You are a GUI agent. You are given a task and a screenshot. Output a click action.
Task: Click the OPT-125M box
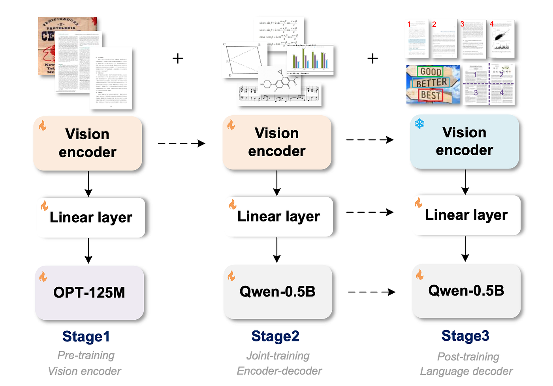click(89, 292)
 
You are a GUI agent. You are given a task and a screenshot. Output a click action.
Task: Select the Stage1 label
click(86, 337)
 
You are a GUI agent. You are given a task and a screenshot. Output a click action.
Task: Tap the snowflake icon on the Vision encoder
click(419, 124)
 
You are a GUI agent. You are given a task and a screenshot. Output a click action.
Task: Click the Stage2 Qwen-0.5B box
click(277, 292)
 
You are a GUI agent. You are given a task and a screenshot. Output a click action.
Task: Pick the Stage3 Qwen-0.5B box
click(466, 291)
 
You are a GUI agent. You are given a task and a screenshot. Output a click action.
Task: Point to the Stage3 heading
click(465, 336)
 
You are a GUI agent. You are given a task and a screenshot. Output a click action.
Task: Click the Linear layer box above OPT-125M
click(91, 217)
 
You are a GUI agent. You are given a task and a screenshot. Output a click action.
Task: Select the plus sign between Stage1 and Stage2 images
click(178, 58)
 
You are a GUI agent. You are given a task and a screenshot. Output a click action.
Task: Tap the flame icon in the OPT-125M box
click(43, 277)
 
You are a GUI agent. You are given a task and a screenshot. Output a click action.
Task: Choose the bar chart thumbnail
click(310, 59)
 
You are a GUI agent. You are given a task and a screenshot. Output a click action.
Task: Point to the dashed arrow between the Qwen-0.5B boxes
click(371, 292)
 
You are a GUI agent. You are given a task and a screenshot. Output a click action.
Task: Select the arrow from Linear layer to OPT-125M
click(88, 251)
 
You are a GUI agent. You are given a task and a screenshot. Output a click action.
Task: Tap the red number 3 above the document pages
click(462, 24)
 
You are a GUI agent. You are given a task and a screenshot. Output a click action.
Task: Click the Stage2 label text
click(275, 336)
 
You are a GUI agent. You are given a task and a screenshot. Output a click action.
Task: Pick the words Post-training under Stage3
click(468, 357)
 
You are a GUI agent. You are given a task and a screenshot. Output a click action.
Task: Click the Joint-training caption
click(278, 356)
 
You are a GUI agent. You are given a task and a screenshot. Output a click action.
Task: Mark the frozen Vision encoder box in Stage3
click(464, 141)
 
